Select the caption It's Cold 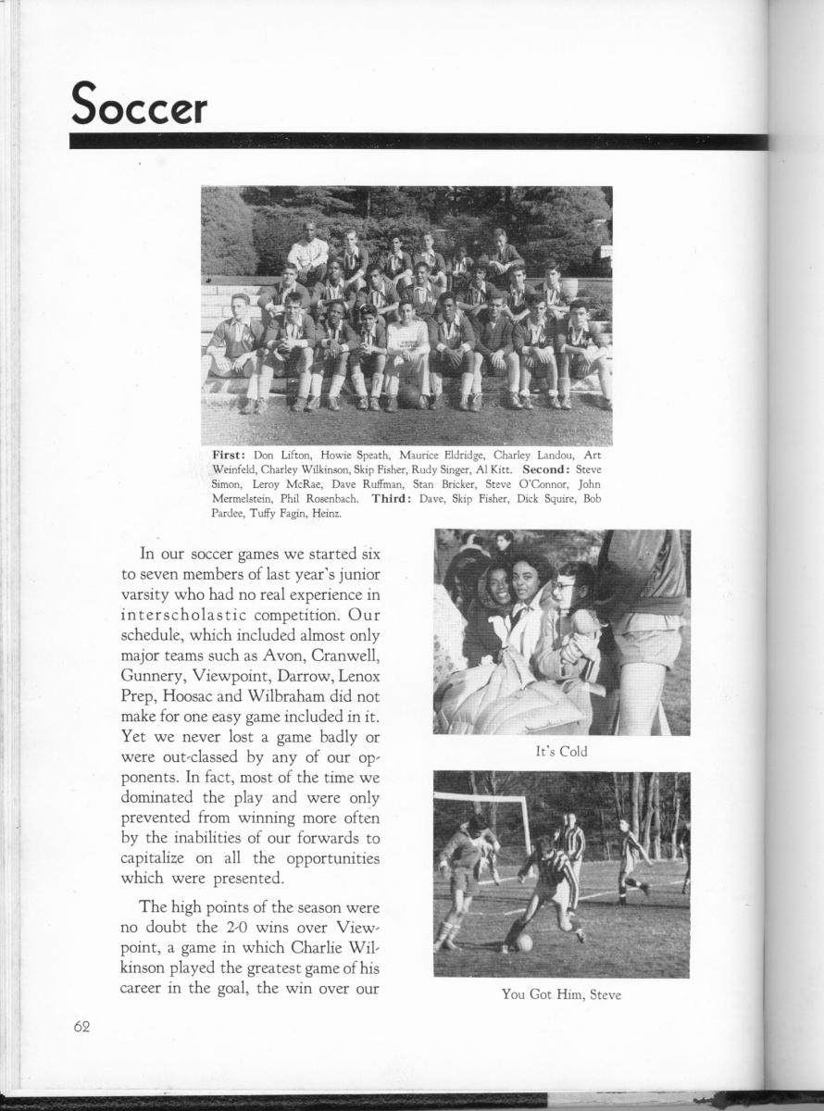tap(561, 751)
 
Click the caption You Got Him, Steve tap(561, 994)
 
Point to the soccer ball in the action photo tap(524, 942)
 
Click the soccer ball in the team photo tap(409, 395)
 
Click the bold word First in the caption tap(230, 455)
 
